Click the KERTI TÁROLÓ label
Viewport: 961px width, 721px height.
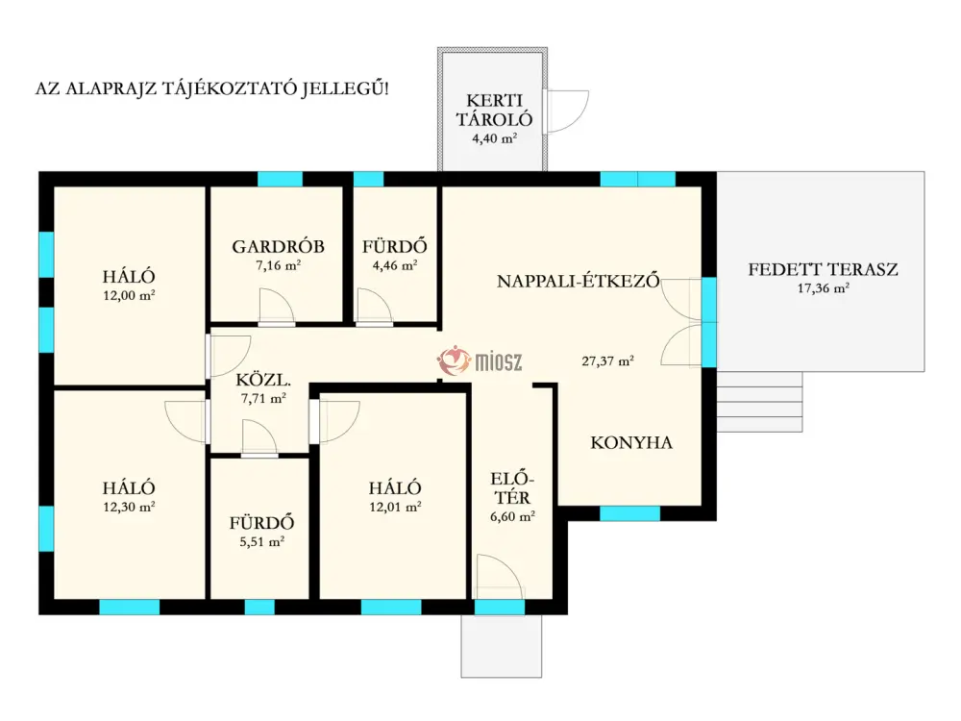pyautogui.click(x=494, y=110)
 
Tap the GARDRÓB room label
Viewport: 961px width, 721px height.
pyautogui.click(x=279, y=246)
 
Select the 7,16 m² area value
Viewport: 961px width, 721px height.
pyautogui.click(x=279, y=265)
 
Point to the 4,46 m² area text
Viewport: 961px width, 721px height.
pyautogui.click(x=395, y=265)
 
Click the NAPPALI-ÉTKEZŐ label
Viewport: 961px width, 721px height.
pyautogui.click(x=578, y=281)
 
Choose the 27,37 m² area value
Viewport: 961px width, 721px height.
pyautogui.click(x=607, y=361)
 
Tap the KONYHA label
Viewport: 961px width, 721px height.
pyautogui.click(x=631, y=442)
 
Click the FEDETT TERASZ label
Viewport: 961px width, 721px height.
pyautogui.click(x=823, y=269)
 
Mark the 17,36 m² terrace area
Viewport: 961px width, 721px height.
pyautogui.click(x=823, y=288)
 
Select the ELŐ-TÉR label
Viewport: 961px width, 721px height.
pyautogui.click(x=512, y=488)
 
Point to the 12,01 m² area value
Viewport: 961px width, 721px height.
pyautogui.click(x=395, y=507)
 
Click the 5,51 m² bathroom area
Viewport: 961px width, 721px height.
pyautogui.click(x=261, y=542)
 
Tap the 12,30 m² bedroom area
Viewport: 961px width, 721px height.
pyautogui.click(x=129, y=507)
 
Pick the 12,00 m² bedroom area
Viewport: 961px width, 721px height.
pyautogui.click(x=129, y=295)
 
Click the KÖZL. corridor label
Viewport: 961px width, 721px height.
pyautogui.click(x=263, y=380)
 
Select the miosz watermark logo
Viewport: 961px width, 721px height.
pyautogui.click(x=480, y=361)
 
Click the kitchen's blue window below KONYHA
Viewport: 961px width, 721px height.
pyautogui.click(x=629, y=513)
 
